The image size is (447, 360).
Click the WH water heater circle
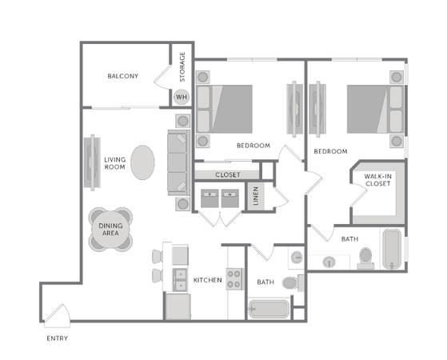pyautogui.click(x=182, y=97)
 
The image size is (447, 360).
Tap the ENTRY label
pyautogui.click(x=58, y=338)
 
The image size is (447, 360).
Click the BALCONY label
pyautogui.click(x=123, y=76)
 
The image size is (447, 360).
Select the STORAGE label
pyautogui.click(x=182, y=66)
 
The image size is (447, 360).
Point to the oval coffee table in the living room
pyautogui.click(x=142, y=162)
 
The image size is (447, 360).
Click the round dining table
pyautogui.click(x=110, y=229)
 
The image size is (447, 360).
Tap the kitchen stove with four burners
pyautogui.click(x=234, y=279)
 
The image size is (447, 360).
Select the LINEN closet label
pyautogui.click(x=256, y=196)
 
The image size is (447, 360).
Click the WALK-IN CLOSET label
pyautogui.click(x=378, y=180)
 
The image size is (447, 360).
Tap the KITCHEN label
pyautogui.click(x=208, y=280)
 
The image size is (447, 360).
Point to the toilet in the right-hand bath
pyautogui.click(x=365, y=258)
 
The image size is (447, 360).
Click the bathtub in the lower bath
pyautogui.click(x=269, y=309)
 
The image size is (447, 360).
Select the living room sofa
pyautogui.click(x=179, y=162)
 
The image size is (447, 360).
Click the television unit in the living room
pyautogui.click(x=92, y=162)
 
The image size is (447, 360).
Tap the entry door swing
pyautogui.click(x=57, y=316)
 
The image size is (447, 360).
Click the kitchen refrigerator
pyautogui.click(x=178, y=306)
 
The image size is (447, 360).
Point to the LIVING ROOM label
pyautogui.click(x=114, y=163)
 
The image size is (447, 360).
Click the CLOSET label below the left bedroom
pyautogui.click(x=228, y=175)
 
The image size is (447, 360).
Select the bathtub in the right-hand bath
pyautogui.click(x=392, y=249)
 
